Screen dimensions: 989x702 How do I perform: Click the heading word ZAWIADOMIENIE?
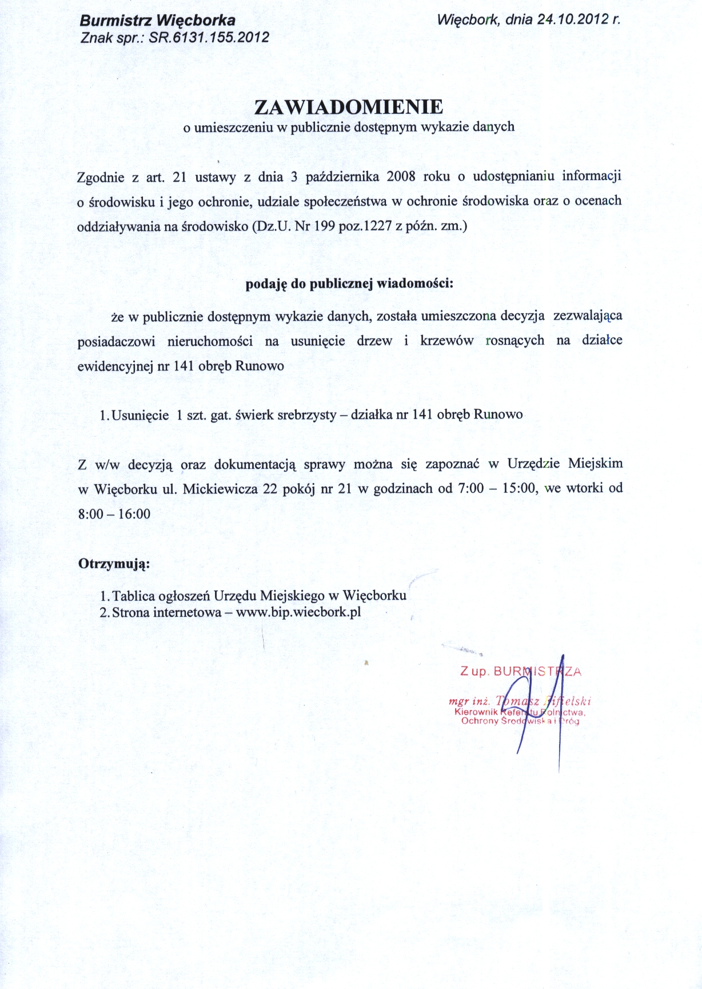348,107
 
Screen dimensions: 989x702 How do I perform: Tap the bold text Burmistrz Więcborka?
157,21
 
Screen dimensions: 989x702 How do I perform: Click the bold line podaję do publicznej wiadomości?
349,284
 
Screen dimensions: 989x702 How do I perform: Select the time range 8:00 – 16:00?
114,514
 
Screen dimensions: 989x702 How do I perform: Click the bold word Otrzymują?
114,564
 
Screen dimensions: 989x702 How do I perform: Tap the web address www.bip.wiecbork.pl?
298,612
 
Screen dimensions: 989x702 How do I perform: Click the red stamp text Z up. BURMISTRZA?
520,672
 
